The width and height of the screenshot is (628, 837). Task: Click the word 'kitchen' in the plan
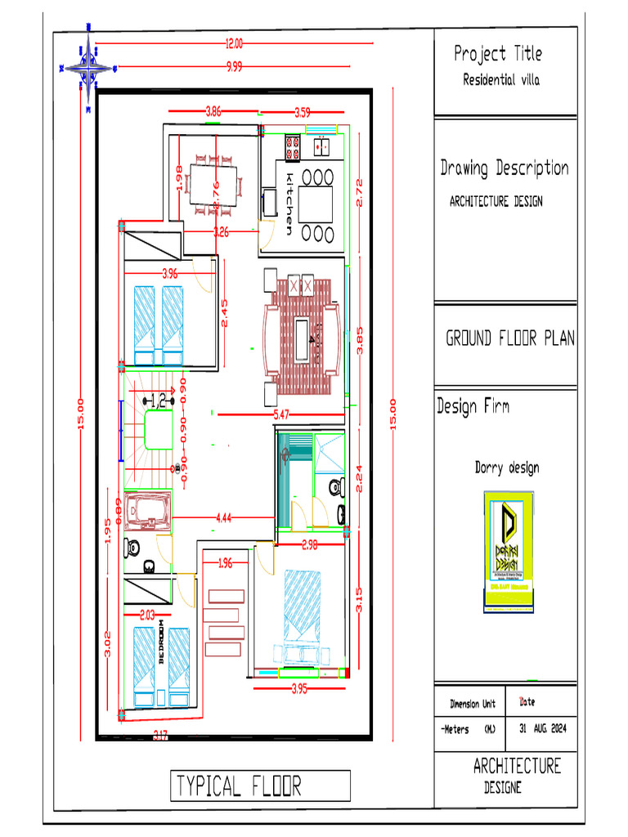click(x=289, y=204)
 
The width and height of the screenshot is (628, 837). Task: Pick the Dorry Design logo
click(x=507, y=552)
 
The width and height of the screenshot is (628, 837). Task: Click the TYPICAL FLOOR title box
click(x=260, y=786)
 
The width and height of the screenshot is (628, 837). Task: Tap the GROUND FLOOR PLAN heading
click(x=509, y=338)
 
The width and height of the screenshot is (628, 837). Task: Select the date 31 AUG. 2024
click(x=543, y=728)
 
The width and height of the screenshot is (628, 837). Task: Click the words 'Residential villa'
click(x=501, y=80)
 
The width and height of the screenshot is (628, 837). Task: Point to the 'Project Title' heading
click(x=498, y=54)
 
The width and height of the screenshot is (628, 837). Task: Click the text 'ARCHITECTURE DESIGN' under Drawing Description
click(x=496, y=201)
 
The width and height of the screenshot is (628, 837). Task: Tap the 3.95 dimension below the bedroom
click(x=299, y=689)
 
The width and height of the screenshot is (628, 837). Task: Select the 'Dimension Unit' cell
click(x=473, y=704)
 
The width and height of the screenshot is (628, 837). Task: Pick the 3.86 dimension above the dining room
click(x=213, y=110)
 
